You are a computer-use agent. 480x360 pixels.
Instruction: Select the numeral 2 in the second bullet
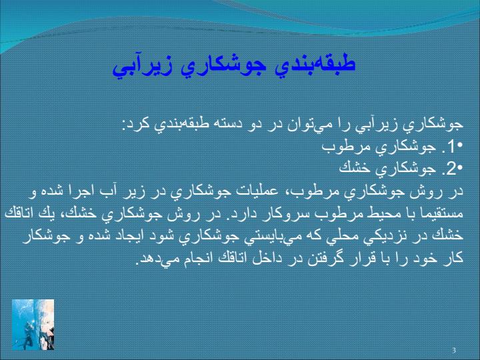coord(451,169)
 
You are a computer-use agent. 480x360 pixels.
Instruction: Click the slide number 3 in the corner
coord(454,350)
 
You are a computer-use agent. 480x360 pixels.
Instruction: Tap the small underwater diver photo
coord(33,325)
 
